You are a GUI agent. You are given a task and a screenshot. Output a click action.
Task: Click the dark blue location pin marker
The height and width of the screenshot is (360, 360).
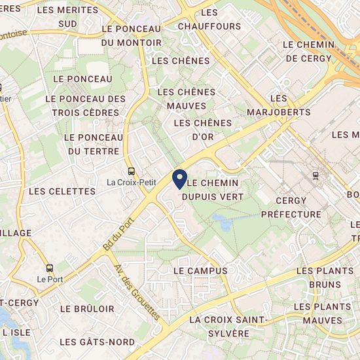[179, 179]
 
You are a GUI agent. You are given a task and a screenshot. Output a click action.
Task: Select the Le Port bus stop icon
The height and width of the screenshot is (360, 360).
[50, 267]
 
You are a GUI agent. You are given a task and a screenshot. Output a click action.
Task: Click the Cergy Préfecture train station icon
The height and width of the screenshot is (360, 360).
[317, 175]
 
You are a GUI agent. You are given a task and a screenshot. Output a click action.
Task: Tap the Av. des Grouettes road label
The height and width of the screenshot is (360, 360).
[137, 293]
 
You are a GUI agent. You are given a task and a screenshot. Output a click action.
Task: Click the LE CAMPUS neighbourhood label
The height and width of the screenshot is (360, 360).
[200, 270]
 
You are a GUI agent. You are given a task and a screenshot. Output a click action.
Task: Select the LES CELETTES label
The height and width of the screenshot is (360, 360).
[63, 191]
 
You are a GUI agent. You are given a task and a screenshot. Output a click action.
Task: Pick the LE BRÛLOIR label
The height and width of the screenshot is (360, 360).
[87, 308]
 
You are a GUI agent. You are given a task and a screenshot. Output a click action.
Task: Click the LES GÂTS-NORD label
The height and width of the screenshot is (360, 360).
[97, 342]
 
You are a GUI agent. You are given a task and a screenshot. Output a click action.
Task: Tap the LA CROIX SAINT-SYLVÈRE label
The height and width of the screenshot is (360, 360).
[228, 326]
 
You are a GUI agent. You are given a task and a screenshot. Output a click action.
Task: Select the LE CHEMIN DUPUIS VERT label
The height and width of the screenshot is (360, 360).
[211, 189]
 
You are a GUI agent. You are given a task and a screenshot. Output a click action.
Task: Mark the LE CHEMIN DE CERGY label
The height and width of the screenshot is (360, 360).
[309, 51]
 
